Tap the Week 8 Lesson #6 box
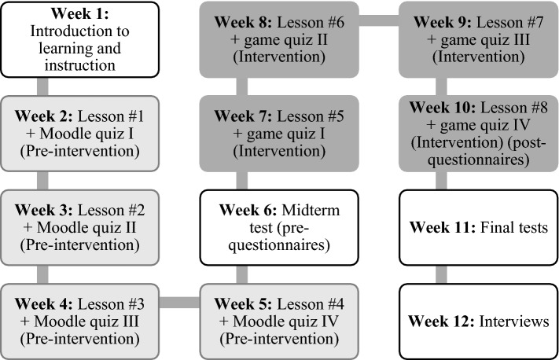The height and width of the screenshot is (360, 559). point(279,39)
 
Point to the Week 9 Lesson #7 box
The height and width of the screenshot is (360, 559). point(478,39)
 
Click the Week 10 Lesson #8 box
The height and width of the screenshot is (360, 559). point(478,133)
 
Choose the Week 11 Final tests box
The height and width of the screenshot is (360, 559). point(478,227)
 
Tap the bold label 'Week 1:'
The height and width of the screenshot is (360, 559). point(81,16)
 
